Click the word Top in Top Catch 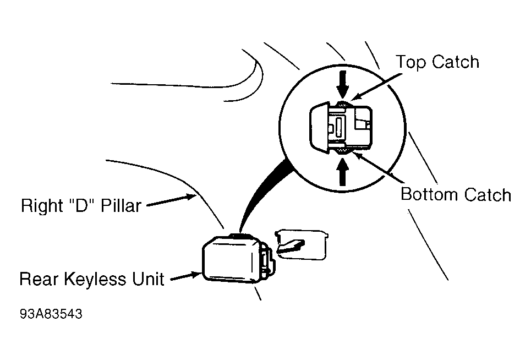(x=411, y=63)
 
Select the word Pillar (x=121, y=205)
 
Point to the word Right (x=42, y=206)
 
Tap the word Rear (x=39, y=279)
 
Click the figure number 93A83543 (x=51, y=314)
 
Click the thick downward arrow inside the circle (x=343, y=84)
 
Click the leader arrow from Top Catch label (x=376, y=87)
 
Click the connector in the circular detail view (x=341, y=127)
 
